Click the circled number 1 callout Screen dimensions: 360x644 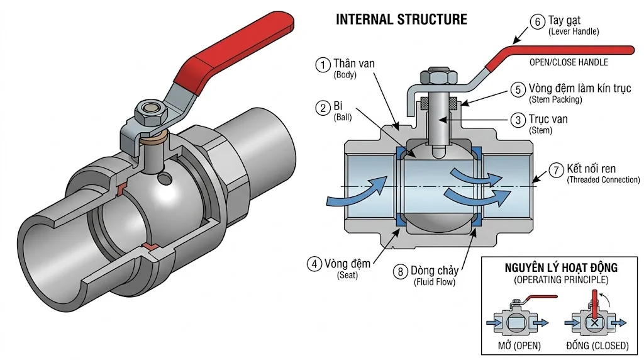tap(323, 64)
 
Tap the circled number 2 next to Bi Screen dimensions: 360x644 tap(323, 108)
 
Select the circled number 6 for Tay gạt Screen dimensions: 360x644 tap(537, 22)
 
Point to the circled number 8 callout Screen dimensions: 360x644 tap(401, 272)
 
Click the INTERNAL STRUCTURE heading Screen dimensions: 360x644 tap(401, 20)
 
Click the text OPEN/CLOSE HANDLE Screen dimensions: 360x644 tap(569, 62)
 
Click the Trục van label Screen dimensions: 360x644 tap(548, 119)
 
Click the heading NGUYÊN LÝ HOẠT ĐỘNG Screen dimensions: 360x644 tap(561, 267)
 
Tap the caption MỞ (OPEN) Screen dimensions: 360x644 tap(515, 346)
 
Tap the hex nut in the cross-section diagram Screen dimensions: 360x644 tap(435, 77)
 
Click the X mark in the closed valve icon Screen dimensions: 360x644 tap(593, 323)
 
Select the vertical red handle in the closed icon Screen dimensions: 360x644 tap(594, 307)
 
